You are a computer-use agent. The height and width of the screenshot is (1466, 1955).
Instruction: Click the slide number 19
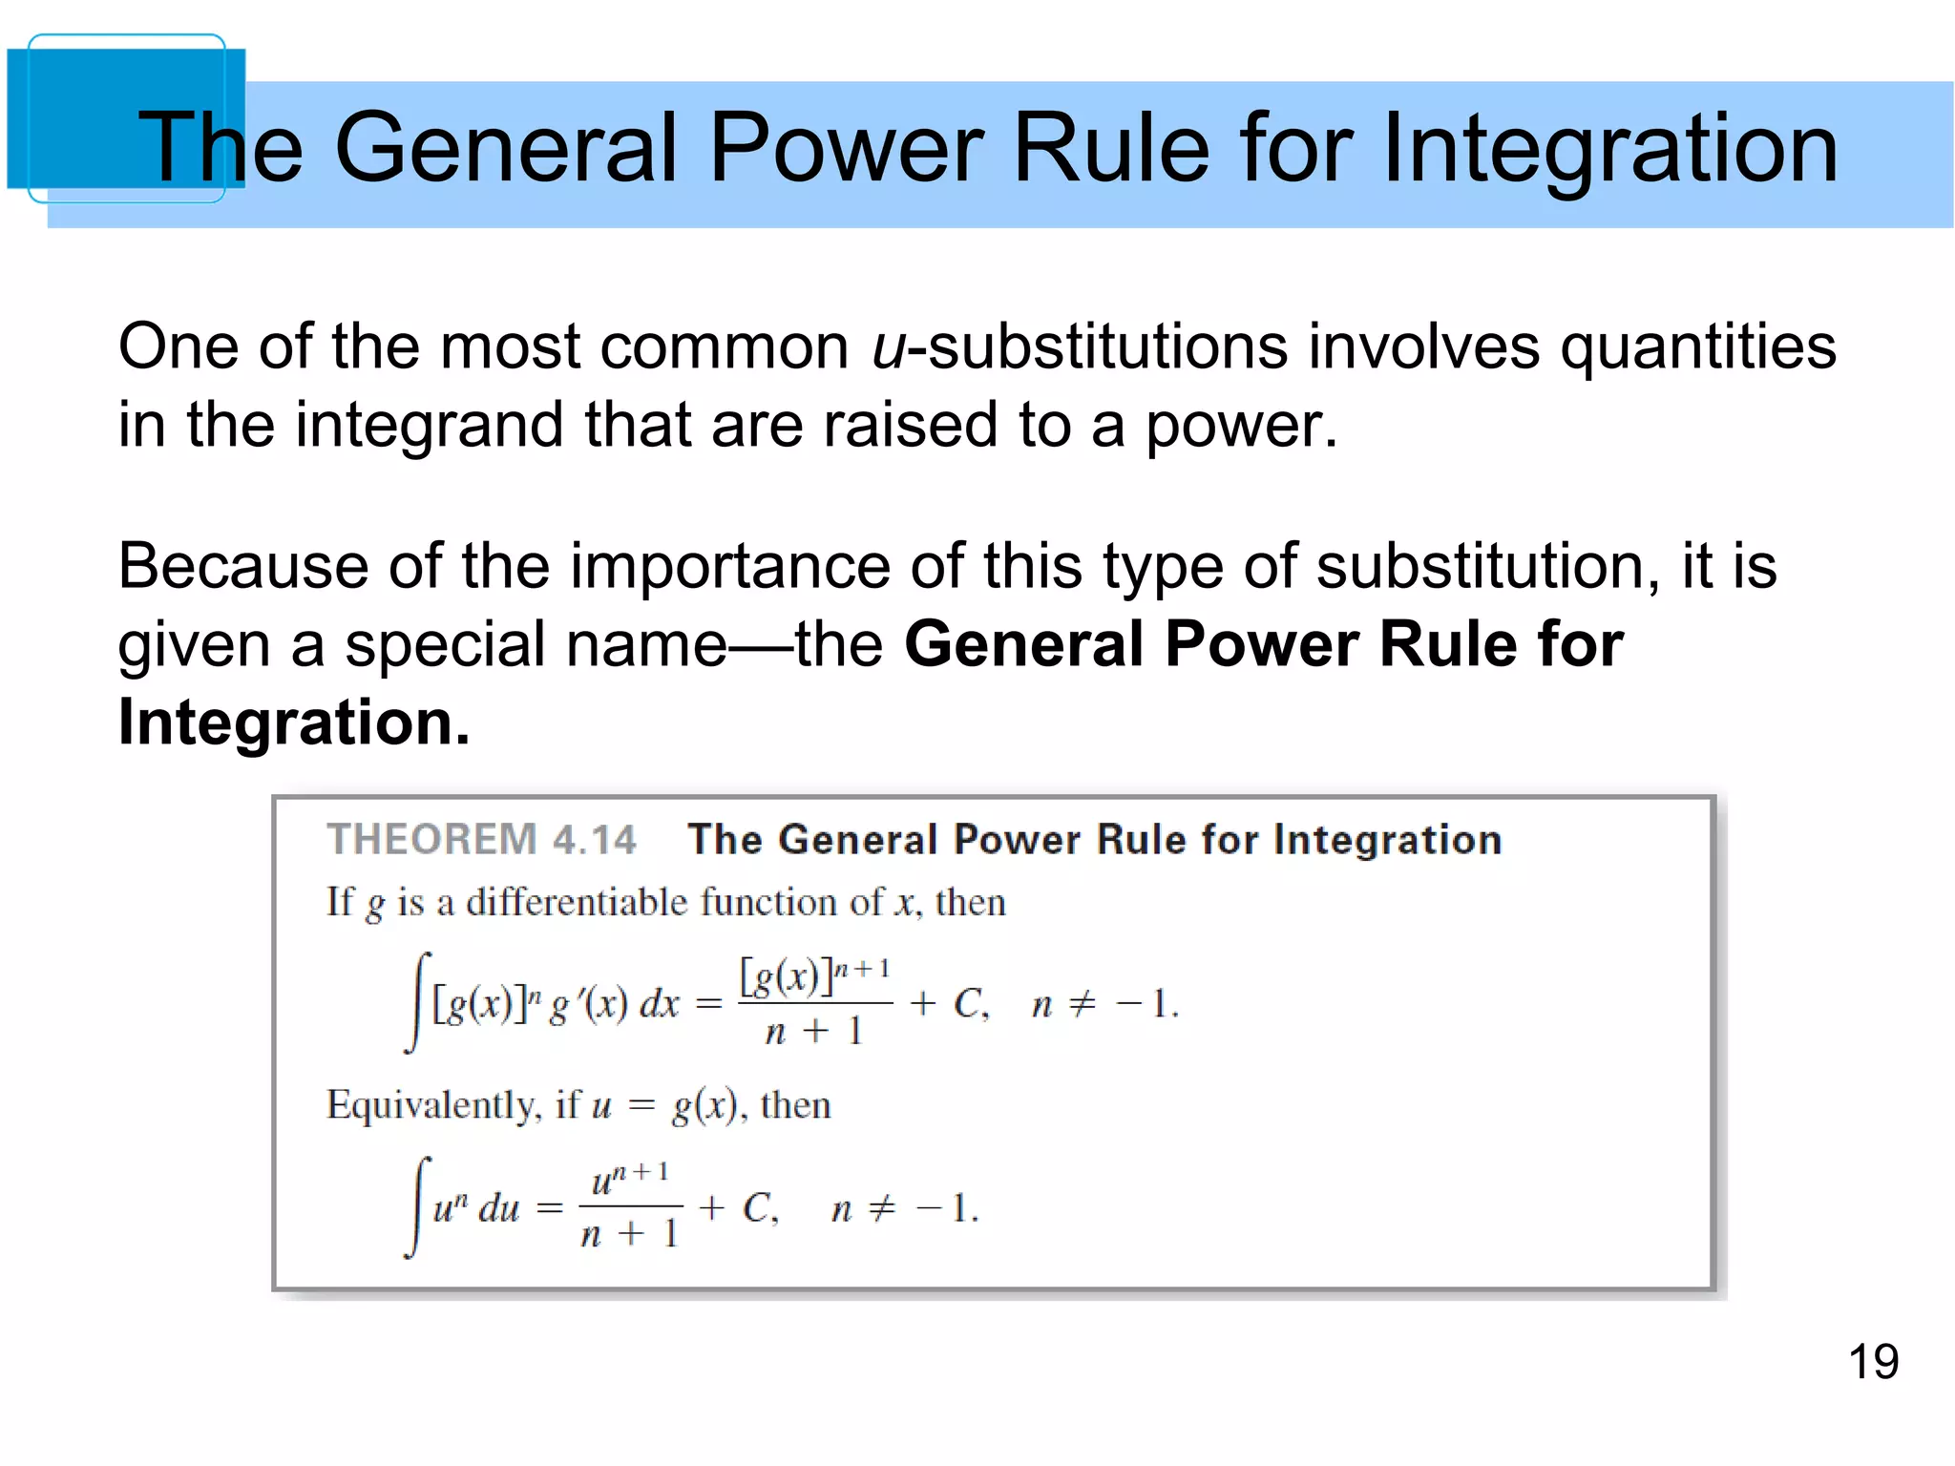[x=1873, y=1362]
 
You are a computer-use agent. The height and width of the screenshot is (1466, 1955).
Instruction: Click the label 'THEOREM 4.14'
[x=481, y=840]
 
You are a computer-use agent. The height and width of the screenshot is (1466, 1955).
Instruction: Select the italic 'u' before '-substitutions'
[x=888, y=347]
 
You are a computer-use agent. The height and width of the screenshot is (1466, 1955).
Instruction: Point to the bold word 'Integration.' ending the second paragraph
[x=294, y=723]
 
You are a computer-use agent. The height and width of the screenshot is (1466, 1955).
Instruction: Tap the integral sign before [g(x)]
[x=418, y=1002]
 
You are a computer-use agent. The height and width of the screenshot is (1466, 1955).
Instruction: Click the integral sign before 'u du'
[x=418, y=1207]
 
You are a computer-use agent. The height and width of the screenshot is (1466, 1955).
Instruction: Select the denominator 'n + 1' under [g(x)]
[x=814, y=1032]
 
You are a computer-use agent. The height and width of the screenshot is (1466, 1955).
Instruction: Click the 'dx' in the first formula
[x=659, y=1005]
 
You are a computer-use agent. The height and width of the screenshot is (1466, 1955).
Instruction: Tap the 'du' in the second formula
[x=499, y=1210]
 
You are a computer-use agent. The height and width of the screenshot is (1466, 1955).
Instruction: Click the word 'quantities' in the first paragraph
[x=1697, y=347]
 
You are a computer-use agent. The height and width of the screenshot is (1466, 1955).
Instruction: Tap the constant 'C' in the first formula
[x=970, y=1004]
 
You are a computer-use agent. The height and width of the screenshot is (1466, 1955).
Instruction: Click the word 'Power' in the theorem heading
[x=1018, y=840]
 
